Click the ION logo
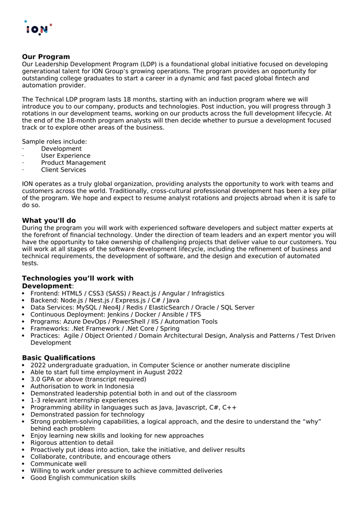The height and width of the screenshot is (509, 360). click(38, 29)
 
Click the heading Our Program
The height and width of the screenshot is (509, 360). click(46, 56)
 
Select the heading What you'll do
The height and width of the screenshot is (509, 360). click(49, 220)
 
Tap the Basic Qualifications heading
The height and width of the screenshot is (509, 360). click(59, 358)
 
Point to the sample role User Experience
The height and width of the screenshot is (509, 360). click(66, 156)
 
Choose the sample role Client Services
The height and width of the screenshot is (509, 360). click(64, 170)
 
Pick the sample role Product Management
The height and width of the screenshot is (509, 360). click(73, 163)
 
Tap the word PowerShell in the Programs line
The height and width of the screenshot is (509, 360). click(135, 322)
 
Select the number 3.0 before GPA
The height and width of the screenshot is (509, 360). click(36, 379)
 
